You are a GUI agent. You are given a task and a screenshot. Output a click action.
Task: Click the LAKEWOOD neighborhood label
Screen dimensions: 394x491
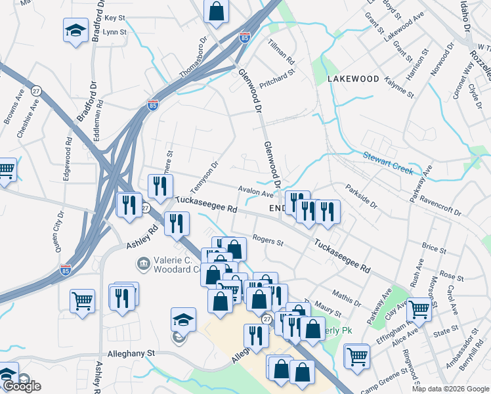pyautogui.click(x=353, y=79)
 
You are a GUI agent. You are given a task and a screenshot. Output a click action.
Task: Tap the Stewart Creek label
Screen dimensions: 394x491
pyautogui.click(x=388, y=163)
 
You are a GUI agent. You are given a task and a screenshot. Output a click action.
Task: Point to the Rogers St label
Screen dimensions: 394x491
pyautogui.click(x=267, y=242)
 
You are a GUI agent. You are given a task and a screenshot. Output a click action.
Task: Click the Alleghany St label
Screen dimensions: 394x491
pyautogui.click(x=131, y=353)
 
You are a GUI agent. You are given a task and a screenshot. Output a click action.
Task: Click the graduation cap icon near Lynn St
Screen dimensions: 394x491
pyautogui.click(x=75, y=30)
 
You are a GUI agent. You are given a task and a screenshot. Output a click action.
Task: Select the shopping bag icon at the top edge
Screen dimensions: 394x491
pyautogui.click(x=216, y=11)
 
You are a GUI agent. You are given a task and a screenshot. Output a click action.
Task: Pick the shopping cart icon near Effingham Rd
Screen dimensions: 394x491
pyautogui.click(x=418, y=309)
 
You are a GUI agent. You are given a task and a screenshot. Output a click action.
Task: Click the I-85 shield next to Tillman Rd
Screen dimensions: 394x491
pyautogui.click(x=244, y=37)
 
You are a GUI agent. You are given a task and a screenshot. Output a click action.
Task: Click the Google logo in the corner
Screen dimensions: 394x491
pyautogui.click(x=22, y=386)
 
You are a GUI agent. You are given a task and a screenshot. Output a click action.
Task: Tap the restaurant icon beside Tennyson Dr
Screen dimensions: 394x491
pyautogui.click(x=160, y=186)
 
